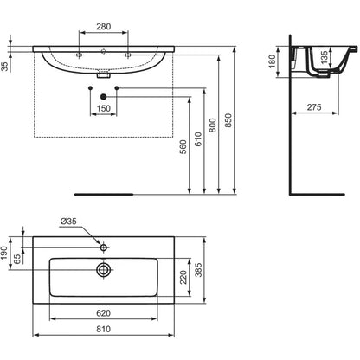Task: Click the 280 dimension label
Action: [104, 27]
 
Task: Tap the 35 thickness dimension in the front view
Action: [5, 67]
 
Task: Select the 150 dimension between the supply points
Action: [104, 108]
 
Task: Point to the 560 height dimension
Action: [183, 146]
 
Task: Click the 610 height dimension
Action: [198, 139]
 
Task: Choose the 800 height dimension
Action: [213, 125]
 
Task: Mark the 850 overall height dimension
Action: [228, 120]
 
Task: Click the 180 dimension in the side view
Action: [273, 61]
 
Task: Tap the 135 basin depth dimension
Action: [325, 57]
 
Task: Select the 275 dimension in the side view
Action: [314, 107]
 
